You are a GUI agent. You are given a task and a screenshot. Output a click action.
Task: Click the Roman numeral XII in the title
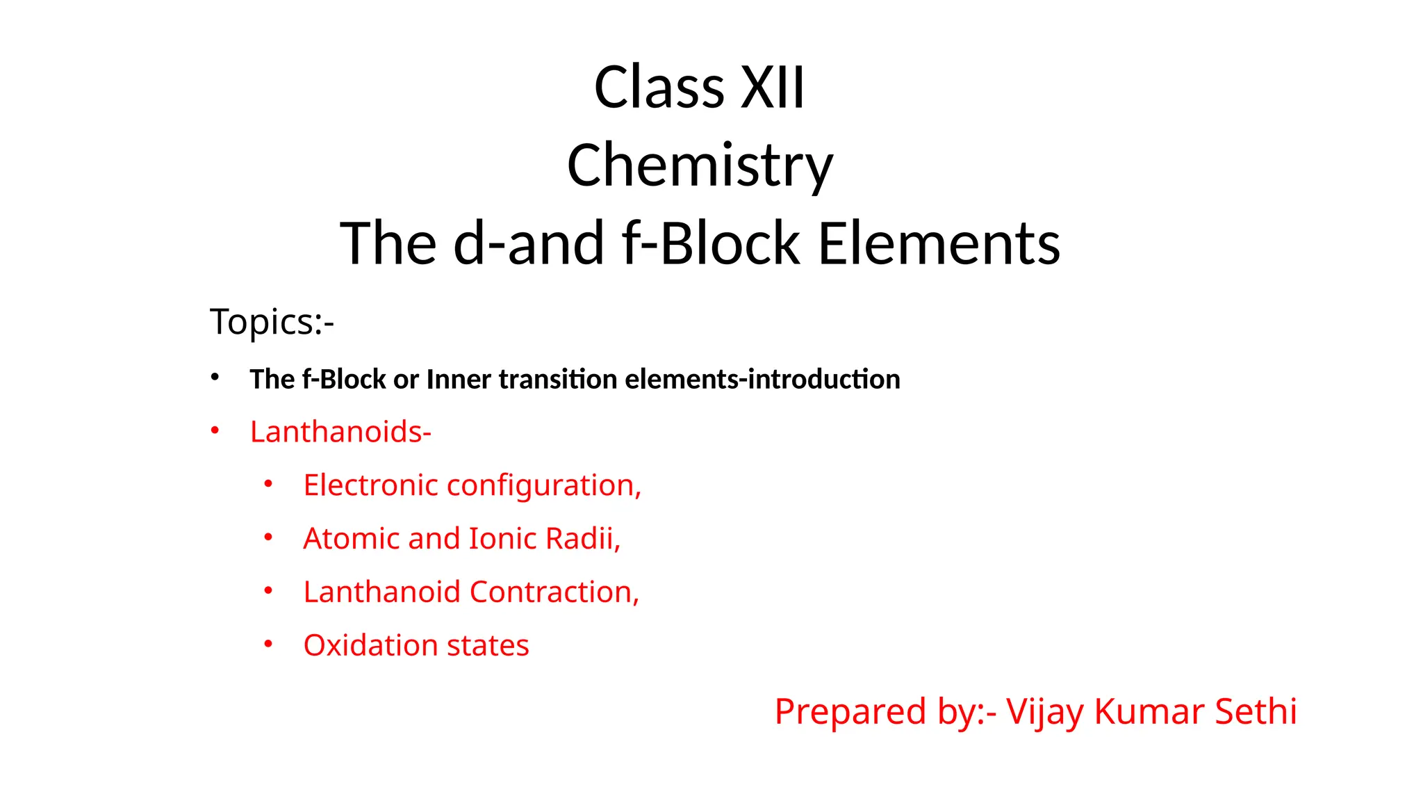[772, 88]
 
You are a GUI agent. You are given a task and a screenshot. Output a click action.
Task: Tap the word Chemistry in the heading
[700, 165]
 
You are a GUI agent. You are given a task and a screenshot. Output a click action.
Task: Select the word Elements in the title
[939, 243]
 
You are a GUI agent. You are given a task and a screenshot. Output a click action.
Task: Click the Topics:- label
[272, 322]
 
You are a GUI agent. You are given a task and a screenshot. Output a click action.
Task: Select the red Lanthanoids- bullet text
[340, 432]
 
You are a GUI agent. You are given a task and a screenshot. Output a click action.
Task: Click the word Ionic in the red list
[502, 539]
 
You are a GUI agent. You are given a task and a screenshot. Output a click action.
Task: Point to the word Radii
[582, 539]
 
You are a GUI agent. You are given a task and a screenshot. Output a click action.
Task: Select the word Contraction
[554, 592]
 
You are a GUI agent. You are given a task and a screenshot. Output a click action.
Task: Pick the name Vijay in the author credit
[1044, 712]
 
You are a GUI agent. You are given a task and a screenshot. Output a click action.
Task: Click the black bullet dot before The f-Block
[215, 378]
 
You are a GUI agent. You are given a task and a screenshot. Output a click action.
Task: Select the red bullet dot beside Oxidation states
[268, 644]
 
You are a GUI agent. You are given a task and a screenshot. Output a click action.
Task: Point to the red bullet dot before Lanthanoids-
[215, 431]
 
